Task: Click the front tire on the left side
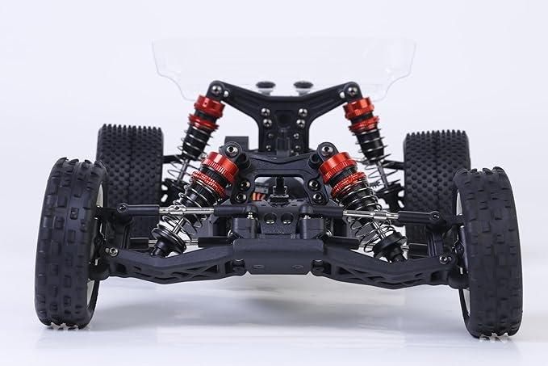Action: [x=71, y=242]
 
